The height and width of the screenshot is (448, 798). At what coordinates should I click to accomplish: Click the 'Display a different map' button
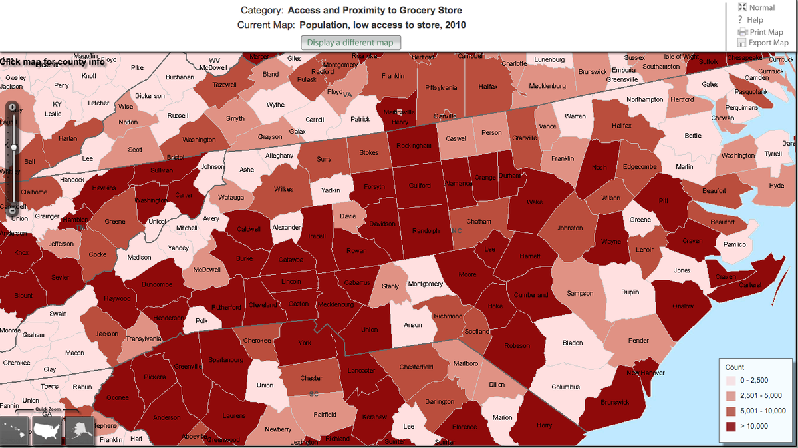[350, 43]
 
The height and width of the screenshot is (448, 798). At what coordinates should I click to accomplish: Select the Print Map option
[765, 32]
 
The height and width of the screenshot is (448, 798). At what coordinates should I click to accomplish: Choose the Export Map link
[768, 43]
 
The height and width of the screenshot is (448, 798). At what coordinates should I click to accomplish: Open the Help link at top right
[755, 20]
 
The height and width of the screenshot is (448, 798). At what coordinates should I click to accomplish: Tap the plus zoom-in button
[12, 107]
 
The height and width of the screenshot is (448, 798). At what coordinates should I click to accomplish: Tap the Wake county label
[534, 202]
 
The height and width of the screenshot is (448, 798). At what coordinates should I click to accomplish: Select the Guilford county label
[419, 186]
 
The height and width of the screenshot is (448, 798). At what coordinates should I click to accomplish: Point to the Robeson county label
[517, 345]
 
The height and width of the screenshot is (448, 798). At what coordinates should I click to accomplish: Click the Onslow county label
[682, 306]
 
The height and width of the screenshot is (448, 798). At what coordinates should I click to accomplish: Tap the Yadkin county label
[331, 190]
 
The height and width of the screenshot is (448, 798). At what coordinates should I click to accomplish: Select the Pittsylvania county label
[441, 87]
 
